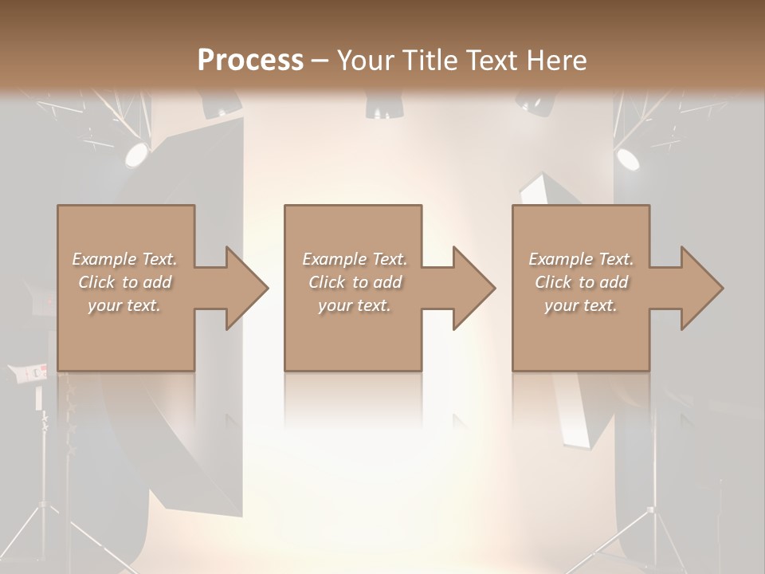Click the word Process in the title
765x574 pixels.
coord(250,60)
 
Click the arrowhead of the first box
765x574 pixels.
coord(246,288)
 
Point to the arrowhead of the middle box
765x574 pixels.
coord(474,288)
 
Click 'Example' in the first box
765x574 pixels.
coord(104,259)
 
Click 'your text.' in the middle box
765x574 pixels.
coord(354,305)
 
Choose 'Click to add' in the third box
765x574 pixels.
coord(581,282)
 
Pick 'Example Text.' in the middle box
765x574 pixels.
coord(354,259)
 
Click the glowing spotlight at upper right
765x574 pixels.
coord(628,159)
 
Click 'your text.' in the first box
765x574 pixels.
coord(124,305)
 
